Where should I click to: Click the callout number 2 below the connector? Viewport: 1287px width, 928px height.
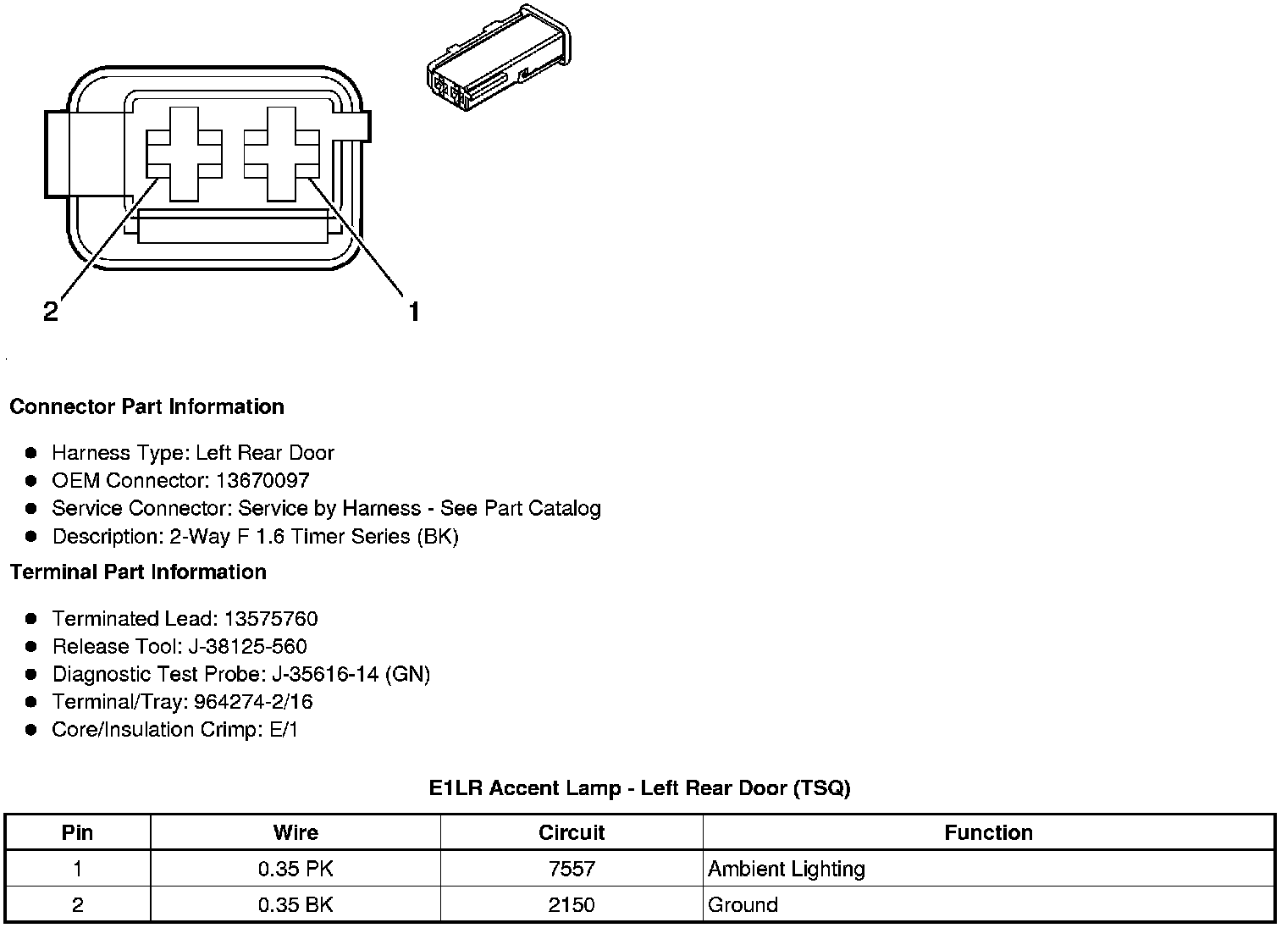51,312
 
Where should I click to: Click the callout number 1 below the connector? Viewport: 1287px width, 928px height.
414,312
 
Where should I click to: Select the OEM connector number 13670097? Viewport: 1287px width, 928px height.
262,481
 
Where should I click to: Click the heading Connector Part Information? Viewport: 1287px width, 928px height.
146,407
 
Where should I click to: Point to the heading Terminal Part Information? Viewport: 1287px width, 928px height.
138,572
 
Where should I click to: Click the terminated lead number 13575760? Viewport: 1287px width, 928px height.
271,619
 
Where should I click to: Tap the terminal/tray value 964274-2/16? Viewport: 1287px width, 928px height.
253,702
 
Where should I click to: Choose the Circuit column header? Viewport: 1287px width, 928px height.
572,832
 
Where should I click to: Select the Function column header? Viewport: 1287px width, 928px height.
988,832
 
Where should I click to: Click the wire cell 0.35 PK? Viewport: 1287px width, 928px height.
296,869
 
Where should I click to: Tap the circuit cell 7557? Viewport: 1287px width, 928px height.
572,869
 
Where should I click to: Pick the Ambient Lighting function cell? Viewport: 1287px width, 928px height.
787,869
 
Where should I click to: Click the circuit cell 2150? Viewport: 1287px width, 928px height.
572,904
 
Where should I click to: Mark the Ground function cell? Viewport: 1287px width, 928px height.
743,904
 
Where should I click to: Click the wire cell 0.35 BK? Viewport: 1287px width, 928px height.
296,904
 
